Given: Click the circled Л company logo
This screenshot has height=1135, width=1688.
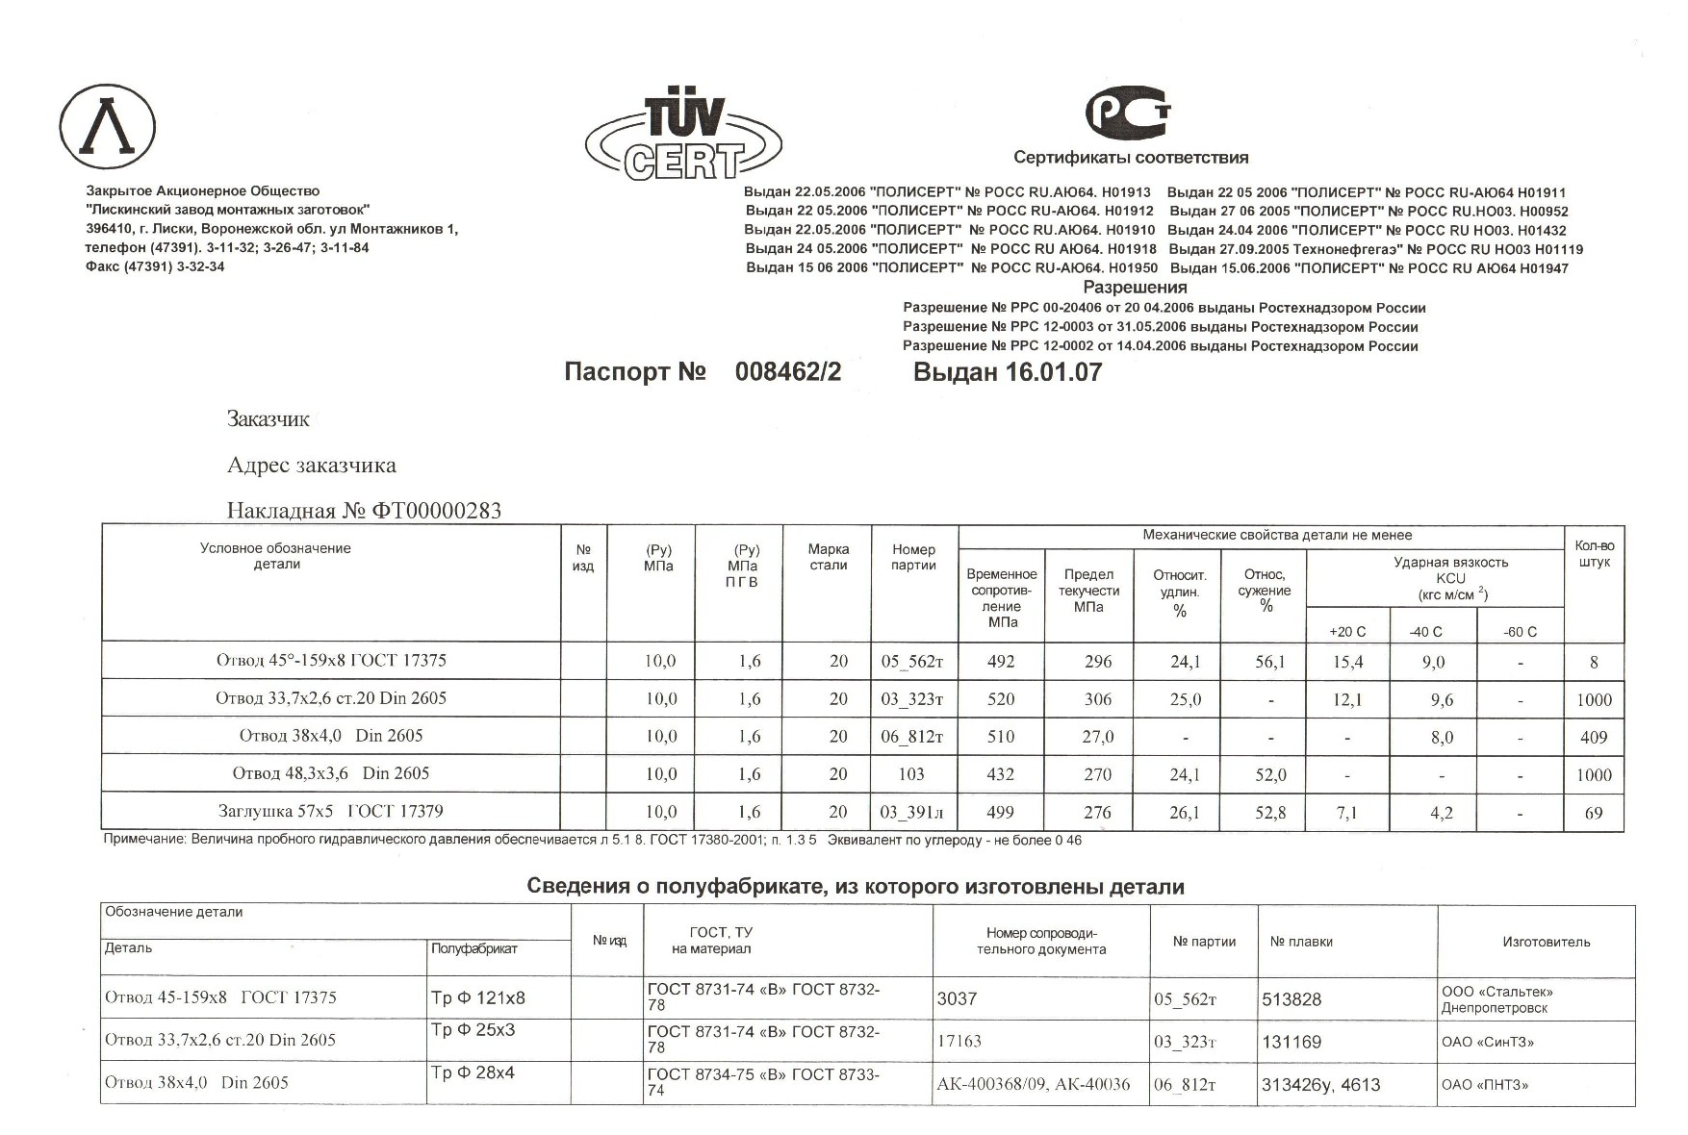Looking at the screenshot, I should [108, 127].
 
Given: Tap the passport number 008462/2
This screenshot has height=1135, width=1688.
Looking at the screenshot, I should [787, 372].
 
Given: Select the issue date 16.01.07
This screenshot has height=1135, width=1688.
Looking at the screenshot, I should [1054, 372].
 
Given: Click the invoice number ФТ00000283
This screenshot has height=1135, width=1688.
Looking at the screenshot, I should [436, 511].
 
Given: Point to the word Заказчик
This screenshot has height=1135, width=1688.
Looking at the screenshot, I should [268, 418].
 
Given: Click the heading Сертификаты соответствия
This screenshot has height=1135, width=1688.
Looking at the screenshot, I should [1130, 158].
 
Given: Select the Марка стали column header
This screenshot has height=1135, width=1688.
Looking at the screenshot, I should [828, 557].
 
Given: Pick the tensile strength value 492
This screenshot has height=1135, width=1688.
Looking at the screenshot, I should [1001, 662].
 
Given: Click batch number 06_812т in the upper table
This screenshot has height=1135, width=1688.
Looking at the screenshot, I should [912, 738].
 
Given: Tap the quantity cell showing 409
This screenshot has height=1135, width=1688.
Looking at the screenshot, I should [1594, 738].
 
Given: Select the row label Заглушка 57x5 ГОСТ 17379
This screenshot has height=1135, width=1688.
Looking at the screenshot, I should [330, 811].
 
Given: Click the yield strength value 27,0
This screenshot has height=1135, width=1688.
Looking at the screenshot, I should [1097, 738].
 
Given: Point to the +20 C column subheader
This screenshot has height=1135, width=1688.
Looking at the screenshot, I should [1346, 632].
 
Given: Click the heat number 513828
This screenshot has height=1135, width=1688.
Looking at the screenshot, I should [1292, 999].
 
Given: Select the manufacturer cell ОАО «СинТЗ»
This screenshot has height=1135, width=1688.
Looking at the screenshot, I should [1487, 1042].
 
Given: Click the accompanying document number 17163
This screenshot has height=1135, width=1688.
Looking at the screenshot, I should [959, 1042].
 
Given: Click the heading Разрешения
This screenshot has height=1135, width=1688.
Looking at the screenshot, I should [1135, 288].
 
